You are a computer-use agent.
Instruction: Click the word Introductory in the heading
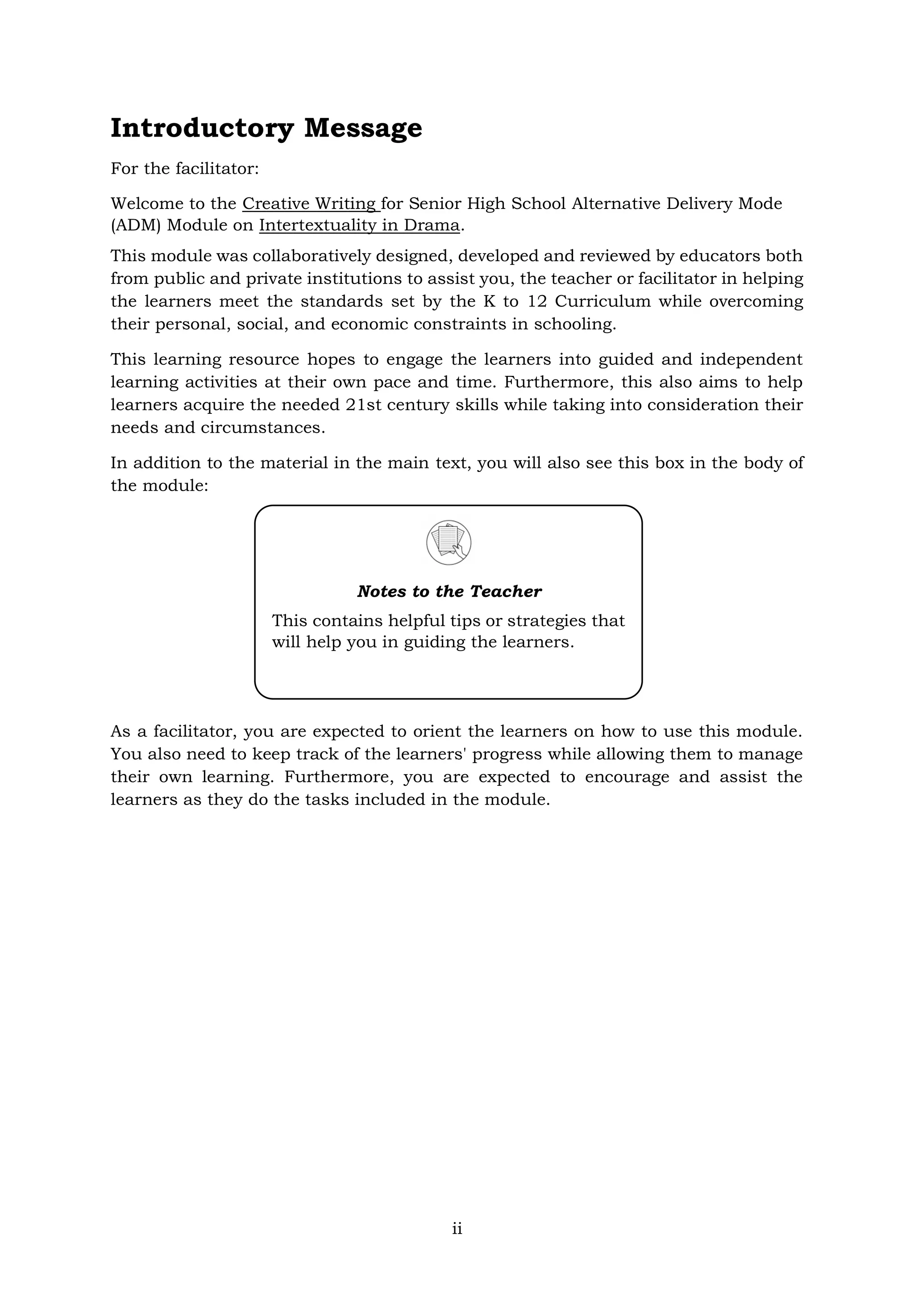click(201, 129)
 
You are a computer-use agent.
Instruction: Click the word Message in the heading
click(363, 129)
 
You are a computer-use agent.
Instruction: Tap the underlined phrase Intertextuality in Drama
click(359, 225)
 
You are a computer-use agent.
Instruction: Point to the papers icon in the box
click(449, 542)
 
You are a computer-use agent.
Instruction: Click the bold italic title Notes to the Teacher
click(449, 591)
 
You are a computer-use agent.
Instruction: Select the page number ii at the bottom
click(457, 1228)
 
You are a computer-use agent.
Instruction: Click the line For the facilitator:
click(185, 168)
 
